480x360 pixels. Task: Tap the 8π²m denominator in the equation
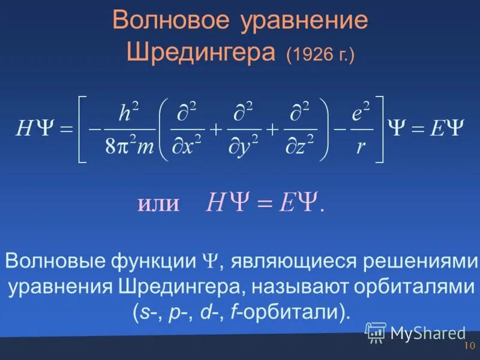point(130,146)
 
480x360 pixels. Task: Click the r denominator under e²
point(360,146)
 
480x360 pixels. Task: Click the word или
point(159,203)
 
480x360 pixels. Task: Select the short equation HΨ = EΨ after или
point(264,203)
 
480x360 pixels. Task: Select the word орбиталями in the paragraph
point(413,286)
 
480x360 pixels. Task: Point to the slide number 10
point(469,346)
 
